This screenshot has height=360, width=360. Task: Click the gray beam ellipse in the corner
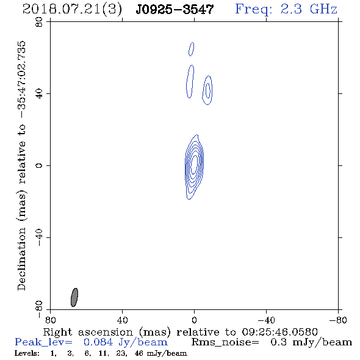click(74, 297)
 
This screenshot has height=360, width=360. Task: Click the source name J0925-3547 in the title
click(175, 9)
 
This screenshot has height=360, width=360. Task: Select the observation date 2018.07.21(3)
click(72, 10)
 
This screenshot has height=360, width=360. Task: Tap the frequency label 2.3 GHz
click(309, 9)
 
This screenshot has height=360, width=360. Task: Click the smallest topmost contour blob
click(191, 49)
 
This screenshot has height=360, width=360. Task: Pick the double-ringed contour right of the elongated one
click(207, 90)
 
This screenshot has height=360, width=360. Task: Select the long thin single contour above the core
click(190, 82)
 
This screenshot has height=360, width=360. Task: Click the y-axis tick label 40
click(39, 94)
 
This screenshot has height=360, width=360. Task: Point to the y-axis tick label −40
click(39, 237)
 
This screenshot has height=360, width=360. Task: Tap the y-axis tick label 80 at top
click(39, 22)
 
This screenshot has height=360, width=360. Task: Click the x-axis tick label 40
click(122, 320)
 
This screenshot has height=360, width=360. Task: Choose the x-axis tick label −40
click(266, 320)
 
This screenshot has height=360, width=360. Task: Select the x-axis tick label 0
click(194, 320)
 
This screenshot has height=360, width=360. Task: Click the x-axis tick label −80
click(338, 320)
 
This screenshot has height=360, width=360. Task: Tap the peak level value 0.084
click(98, 342)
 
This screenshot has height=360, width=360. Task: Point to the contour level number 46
click(139, 353)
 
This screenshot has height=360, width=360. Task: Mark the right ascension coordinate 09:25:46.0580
click(279, 332)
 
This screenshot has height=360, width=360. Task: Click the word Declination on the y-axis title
click(21, 259)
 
